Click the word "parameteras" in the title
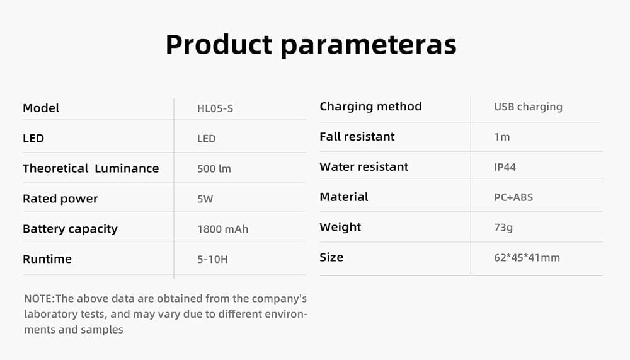point(369,45)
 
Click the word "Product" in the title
point(219,44)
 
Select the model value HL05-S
point(215,108)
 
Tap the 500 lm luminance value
point(214,169)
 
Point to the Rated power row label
point(60,199)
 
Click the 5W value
point(205,199)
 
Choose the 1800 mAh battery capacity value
point(222,229)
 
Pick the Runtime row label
point(47,259)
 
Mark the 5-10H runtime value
point(212,260)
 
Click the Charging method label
point(371,107)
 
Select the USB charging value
point(528,107)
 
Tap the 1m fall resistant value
point(502,137)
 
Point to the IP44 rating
point(505,167)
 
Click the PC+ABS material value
point(513,197)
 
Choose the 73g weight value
point(503,228)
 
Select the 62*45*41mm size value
point(527,258)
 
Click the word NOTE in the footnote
point(38,299)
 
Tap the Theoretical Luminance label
point(91,168)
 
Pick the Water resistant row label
point(364,167)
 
